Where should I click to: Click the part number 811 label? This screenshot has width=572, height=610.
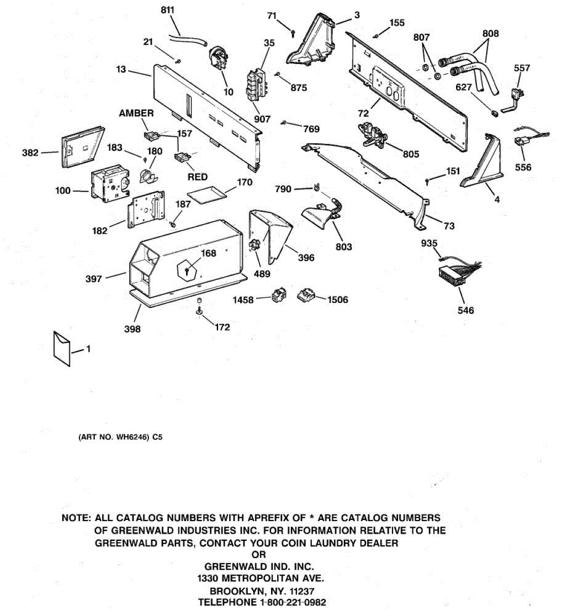167,10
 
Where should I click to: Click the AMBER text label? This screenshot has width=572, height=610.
136,113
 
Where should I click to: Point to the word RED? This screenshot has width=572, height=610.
197,177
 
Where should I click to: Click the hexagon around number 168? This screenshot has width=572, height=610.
189,265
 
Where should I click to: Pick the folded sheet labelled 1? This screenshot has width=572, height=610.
62,348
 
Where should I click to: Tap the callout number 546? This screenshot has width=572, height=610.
465,310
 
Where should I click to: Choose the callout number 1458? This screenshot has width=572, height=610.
243,300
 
